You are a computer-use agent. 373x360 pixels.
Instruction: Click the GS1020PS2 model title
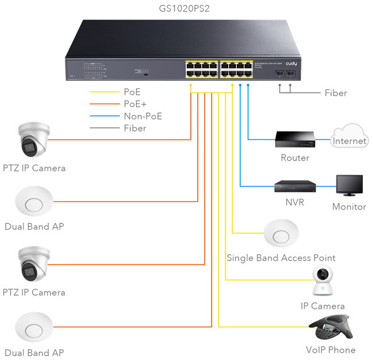coord(188,9)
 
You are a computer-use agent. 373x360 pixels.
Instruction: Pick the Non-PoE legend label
coord(143,116)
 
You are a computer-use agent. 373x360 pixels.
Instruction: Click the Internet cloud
coord(349,138)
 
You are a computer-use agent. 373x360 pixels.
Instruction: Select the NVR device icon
coord(295,186)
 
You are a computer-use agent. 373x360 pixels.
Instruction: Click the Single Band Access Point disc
coord(281,234)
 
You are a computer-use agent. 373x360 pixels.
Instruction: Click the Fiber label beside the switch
coord(336,92)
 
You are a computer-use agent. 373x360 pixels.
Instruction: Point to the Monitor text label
coord(349,207)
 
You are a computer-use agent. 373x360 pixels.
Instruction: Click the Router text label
coord(295,158)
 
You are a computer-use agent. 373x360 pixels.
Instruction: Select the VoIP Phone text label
coord(331,350)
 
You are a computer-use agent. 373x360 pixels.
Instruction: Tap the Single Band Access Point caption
coord(281,258)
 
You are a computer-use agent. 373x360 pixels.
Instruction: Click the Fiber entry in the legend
coord(135,128)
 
